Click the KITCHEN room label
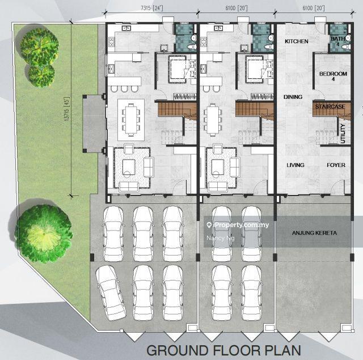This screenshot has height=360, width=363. [296, 41]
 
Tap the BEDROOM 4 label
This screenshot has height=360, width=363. [333, 76]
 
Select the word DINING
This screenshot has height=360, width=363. [293, 97]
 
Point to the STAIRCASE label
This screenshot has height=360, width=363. [330, 107]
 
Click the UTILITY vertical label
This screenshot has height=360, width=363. [343, 133]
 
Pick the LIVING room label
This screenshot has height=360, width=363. [296, 165]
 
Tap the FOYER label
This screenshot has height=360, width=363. [336, 165]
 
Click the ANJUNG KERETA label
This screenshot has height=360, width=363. [314, 233]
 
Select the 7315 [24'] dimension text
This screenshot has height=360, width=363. [151, 8]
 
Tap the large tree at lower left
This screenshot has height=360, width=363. [44, 233]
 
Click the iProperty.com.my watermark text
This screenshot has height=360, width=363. [238, 225]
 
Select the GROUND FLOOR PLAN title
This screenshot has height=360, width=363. [224, 350]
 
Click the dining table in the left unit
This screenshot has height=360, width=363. [131, 120]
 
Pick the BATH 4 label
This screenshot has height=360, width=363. [338, 41]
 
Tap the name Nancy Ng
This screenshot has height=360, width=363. [221, 238]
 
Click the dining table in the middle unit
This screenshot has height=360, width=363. [213, 120]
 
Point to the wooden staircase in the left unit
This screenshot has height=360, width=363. [177, 110]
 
